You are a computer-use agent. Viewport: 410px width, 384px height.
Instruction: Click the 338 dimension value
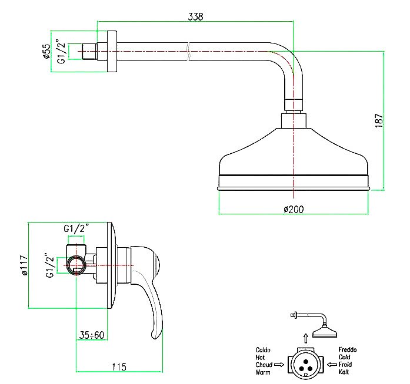click(195, 17)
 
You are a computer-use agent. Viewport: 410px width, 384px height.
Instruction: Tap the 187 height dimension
click(379, 120)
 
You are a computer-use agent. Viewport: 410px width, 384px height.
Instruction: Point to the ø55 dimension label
click(46, 52)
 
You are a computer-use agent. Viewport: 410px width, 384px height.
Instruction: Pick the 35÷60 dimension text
click(92, 335)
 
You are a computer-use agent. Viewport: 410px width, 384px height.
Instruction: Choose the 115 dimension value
click(119, 368)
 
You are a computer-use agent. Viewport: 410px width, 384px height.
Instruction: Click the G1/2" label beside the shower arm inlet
click(60, 52)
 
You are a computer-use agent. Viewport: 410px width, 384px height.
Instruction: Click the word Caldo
click(263, 350)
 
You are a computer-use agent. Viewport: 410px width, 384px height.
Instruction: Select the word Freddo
click(347, 350)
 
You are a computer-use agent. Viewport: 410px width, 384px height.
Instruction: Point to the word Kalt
click(344, 372)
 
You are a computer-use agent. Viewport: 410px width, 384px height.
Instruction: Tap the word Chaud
click(263, 365)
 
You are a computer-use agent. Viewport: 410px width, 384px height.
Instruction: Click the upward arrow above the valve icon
click(305, 338)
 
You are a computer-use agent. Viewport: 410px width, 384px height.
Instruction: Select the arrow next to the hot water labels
click(279, 365)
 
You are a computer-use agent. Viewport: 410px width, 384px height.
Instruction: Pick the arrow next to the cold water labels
click(331, 365)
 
